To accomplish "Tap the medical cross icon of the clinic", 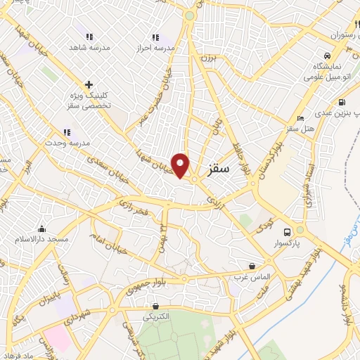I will click(x=89, y=84).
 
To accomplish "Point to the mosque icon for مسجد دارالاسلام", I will click(x=42, y=229).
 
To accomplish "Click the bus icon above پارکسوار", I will click(x=287, y=232).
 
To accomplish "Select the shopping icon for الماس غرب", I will click(x=252, y=266).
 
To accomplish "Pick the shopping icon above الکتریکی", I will click(x=155, y=306).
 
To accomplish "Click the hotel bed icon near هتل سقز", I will click(x=301, y=117).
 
